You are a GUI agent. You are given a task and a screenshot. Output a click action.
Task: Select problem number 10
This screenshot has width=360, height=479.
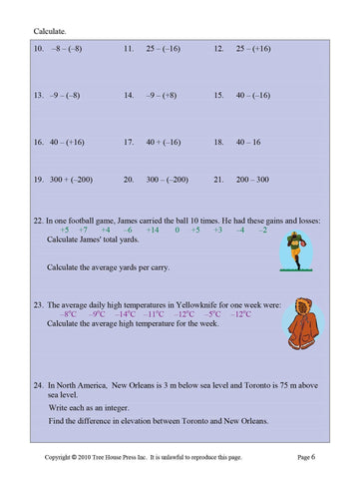[x=40, y=48]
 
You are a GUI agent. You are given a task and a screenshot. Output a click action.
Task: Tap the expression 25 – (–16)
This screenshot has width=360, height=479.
[x=163, y=48]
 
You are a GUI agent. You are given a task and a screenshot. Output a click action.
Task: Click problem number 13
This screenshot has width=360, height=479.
[x=40, y=96]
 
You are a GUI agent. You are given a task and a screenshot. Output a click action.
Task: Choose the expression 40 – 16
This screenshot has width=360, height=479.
[x=248, y=143]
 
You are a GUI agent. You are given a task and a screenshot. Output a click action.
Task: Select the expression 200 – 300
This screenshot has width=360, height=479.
[x=252, y=180]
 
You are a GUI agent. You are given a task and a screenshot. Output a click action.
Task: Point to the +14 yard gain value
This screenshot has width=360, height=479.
[x=152, y=230]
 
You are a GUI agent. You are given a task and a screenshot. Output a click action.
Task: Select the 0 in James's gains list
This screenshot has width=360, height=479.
[x=177, y=230]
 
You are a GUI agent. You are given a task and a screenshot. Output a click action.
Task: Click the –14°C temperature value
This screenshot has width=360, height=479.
[x=126, y=313]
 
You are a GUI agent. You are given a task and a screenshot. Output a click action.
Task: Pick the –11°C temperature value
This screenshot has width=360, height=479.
[x=154, y=313]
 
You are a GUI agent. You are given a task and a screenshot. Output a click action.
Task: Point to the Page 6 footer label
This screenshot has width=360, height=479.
[x=306, y=456]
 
